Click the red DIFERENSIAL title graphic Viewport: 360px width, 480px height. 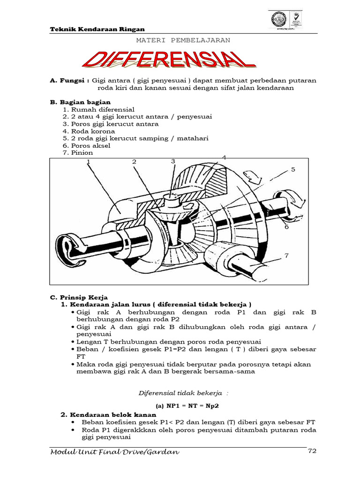coord(169,60)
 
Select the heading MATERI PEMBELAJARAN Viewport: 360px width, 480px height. coord(183,40)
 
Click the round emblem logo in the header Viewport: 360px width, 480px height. coord(280,20)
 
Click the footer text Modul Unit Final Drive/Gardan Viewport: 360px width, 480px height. coord(114,452)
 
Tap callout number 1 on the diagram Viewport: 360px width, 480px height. coord(88,162)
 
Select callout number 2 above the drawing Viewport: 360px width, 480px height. coord(134,162)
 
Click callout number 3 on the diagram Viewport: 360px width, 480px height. coord(172,161)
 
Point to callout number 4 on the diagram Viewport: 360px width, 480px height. coord(224,157)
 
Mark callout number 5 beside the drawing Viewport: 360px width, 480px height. coord(293,169)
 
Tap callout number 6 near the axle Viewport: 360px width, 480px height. coord(286,227)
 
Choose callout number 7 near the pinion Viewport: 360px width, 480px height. coord(286,256)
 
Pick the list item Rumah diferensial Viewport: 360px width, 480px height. coord(97,109)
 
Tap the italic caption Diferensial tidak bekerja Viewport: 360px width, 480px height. coord(179,392)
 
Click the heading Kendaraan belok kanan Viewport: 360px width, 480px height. coord(112,415)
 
